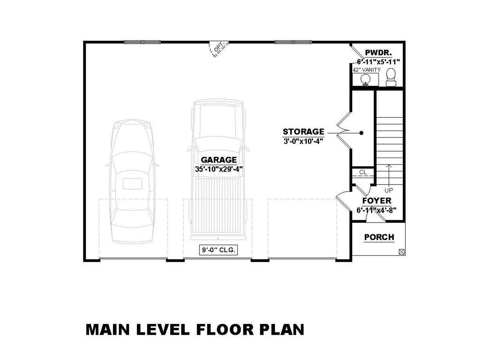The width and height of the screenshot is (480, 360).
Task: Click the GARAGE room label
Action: (218, 160)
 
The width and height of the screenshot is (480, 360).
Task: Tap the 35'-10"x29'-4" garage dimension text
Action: (219, 169)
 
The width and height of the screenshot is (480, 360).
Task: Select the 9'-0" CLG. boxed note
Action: (218, 250)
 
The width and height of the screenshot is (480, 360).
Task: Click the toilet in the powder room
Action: (391, 77)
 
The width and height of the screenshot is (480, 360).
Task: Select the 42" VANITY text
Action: (367, 70)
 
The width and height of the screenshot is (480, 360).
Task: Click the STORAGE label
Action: (303, 132)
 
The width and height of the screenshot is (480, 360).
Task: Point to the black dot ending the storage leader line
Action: (361, 133)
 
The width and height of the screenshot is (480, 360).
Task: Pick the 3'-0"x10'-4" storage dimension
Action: (303, 141)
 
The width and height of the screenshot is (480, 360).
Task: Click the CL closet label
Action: (363, 172)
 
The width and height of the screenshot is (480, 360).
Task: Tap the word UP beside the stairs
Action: (388, 190)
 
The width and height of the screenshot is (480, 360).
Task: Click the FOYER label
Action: (377, 201)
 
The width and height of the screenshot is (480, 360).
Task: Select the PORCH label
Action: (379, 237)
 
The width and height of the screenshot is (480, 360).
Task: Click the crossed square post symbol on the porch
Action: (401, 252)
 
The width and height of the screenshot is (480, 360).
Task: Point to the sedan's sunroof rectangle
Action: (132, 184)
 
